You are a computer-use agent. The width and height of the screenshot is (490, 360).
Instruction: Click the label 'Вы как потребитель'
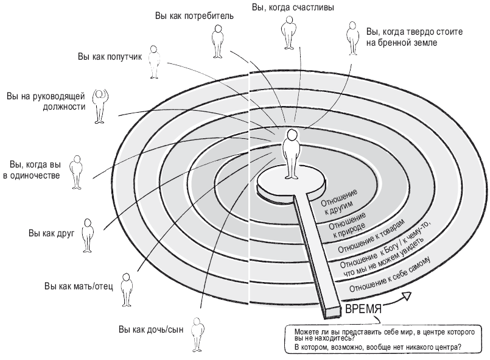(x=194, y=16)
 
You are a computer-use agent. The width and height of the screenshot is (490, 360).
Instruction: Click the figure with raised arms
(x=99, y=105)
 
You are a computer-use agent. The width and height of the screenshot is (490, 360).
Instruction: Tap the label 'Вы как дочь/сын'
(x=151, y=330)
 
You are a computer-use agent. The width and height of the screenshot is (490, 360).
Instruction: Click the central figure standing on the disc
(x=292, y=152)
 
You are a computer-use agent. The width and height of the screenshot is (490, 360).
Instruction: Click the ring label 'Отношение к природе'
(x=348, y=222)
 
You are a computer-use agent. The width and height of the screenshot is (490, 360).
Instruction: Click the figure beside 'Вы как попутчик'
(x=156, y=61)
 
